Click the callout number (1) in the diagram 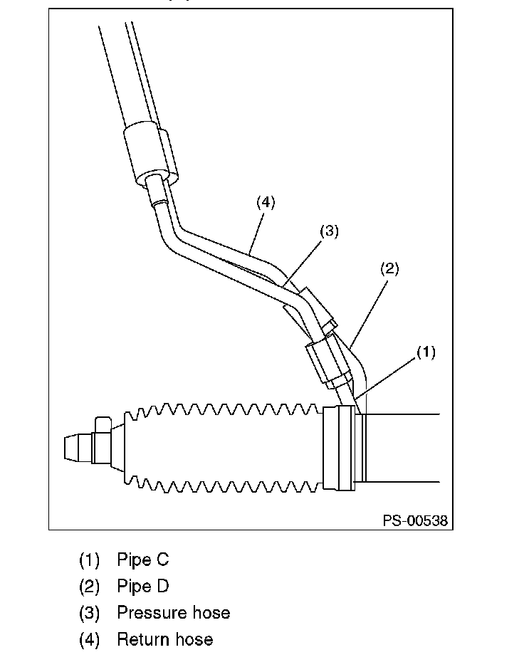(x=426, y=352)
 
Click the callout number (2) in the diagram (x=389, y=269)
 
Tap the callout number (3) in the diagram (x=329, y=231)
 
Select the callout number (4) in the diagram (x=266, y=202)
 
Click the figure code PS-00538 (x=415, y=520)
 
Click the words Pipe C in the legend (x=143, y=560)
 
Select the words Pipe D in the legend (x=143, y=587)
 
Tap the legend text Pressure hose (x=174, y=612)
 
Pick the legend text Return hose (x=165, y=639)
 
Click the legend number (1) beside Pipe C (x=89, y=560)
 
